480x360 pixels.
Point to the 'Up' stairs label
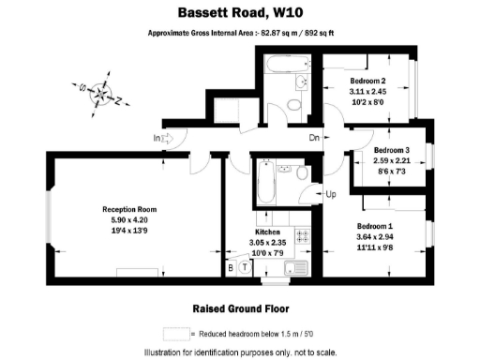click(x=330, y=194)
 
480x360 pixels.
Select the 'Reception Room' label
click(x=129, y=209)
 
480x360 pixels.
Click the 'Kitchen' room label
click(x=268, y=232)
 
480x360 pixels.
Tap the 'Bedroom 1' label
click(x=375, y=226)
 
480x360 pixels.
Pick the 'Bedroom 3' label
click(x=391, y=150)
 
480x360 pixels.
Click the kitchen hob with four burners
click(x=303, y=236)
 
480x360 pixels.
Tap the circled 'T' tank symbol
click(x=246, y=267)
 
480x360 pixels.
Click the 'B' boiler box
click(x=231, y=267)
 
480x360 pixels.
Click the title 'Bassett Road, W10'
click(x=239, y=13)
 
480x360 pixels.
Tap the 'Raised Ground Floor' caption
click(x=239, y=307)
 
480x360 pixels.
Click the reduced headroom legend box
click(x=175, y=333)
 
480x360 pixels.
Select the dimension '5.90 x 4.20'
click(x=129, y=219)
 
